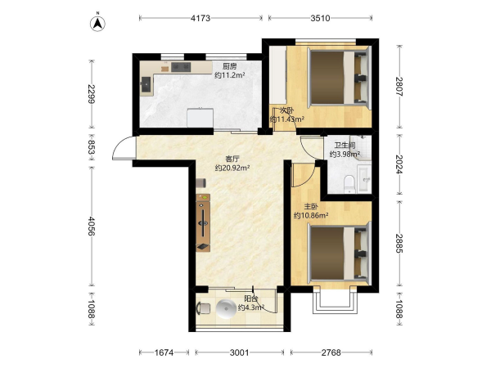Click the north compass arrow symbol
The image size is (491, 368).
click(97, 23)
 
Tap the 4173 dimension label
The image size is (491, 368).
click(200, 18)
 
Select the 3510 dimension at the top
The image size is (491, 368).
click(320, 18)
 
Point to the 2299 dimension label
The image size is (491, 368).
click(92, 94)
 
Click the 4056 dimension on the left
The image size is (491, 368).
click(92, 226)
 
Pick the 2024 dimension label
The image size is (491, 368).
click(399, 164)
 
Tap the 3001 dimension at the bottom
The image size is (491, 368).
click(240, 352)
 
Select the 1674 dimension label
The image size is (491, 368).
click(164, 352)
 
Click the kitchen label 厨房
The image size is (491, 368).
click(229, 66)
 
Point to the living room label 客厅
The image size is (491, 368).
click(232, 159)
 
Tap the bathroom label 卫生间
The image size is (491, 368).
click(345, 146)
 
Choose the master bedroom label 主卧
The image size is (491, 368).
click(311, 207)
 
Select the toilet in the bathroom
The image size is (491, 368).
click(349, 184)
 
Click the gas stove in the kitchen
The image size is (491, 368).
click(181, 67)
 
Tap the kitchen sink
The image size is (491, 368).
click(146, 84)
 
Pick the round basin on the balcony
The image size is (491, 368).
click(226, 309)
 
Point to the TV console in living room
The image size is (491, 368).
click(203, 222)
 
